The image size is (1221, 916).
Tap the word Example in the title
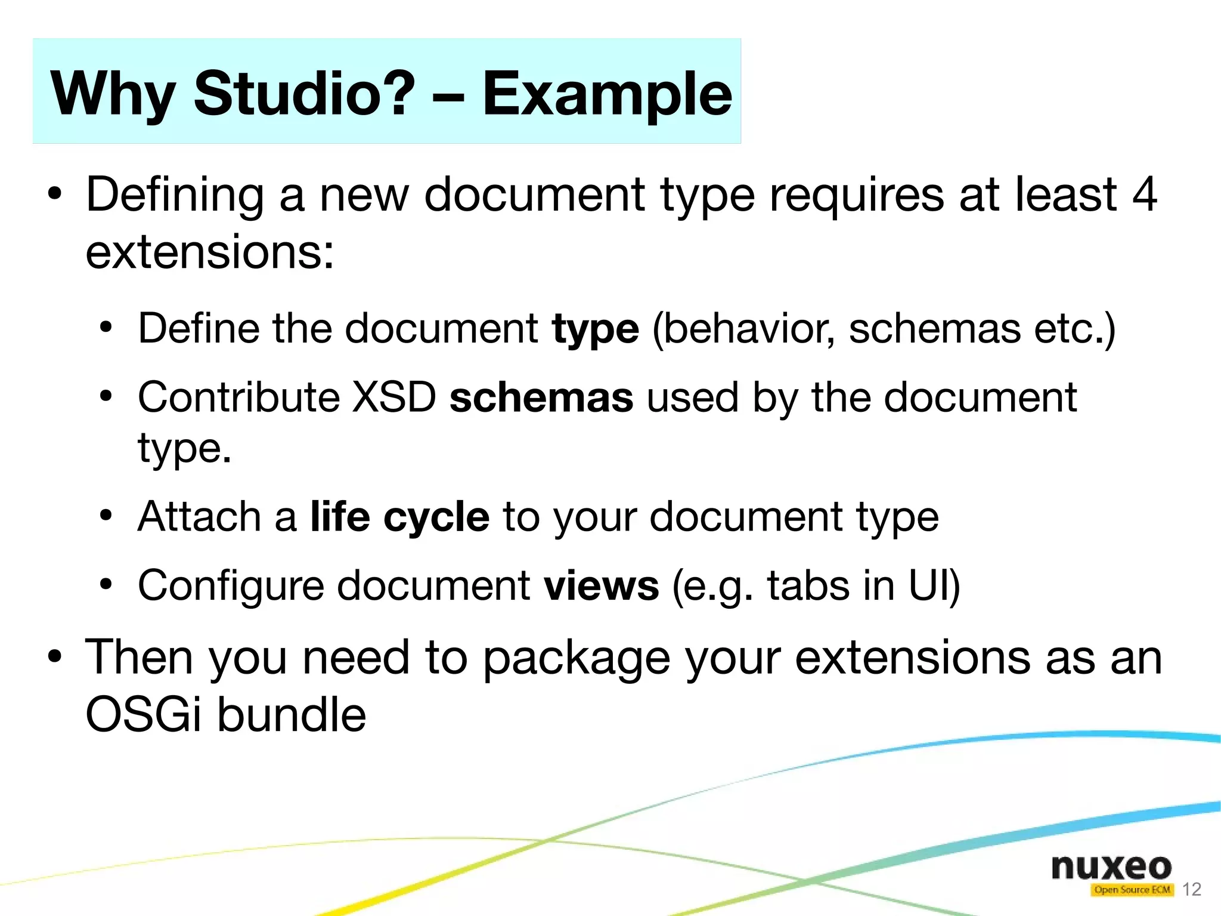click(x=606, y=94)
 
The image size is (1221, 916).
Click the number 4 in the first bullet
click(x=1144, y=194)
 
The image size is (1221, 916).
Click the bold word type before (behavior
click(x=595, y=329)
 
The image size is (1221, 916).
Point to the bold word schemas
click(x=541, y=398)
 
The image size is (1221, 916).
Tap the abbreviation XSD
click(x=394, y=398)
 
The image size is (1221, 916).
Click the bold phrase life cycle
click(x=399, y=517)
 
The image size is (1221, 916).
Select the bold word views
click(x=601, y=586)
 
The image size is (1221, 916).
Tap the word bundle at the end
click(x=291, y=714)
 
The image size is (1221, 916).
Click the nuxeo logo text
click(x=1111, y=866)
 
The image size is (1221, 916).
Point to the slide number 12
click(x=1191, y=890)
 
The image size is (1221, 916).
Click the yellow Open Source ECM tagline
click(x=1132, y=890)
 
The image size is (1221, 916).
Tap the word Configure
click(x=231, y=586)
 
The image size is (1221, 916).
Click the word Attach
click(x=199, y=517)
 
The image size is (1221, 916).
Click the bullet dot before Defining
click(x=54, y=194)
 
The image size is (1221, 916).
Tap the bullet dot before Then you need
click(x=54, y=657)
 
